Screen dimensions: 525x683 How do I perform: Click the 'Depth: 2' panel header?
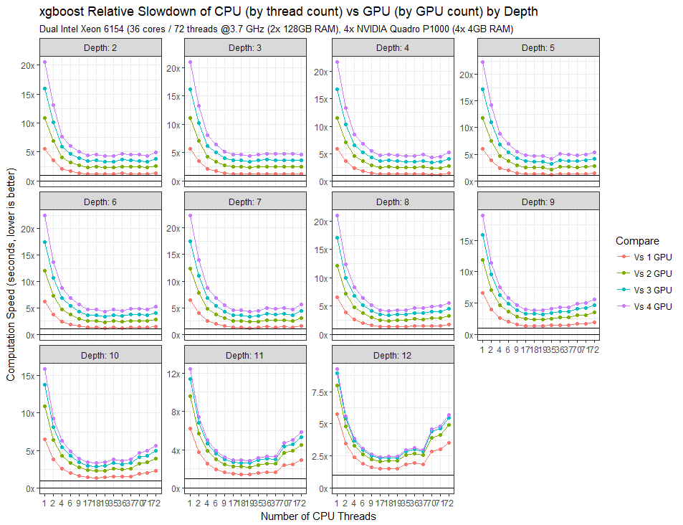coord(100,47)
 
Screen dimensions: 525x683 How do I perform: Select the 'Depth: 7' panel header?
coord(246,202)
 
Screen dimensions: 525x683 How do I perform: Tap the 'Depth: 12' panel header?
coord(393,355)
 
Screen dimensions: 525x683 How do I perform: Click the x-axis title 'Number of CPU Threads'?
coord(318,516)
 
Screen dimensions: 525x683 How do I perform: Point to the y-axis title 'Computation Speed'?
coord(11,275)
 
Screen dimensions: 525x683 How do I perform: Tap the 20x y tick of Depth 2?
coord(28,65)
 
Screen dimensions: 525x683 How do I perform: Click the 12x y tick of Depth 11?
coord(174,375)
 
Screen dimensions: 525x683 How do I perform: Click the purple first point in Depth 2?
coord(45,62)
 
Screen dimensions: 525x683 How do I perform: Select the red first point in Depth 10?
coord(45,439)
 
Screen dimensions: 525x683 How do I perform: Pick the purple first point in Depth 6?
coord(45,216)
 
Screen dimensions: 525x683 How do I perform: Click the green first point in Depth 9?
coord(483,260)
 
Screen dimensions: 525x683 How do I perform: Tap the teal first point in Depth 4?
coord(338,90)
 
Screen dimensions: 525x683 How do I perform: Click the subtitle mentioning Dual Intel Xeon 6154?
coord(276,29)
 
